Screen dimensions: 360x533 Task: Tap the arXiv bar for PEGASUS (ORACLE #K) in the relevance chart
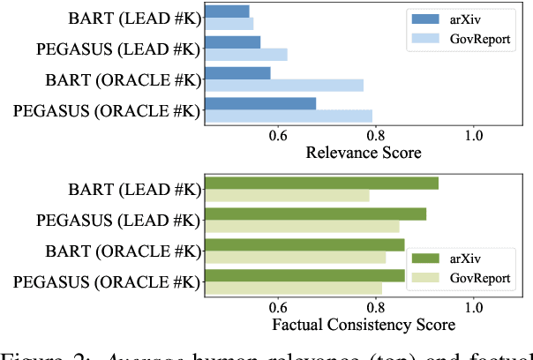click(259, 104)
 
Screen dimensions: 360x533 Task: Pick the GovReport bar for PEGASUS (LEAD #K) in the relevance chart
click(245, 55)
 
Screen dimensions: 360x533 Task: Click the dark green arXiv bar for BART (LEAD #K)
click(321, 183)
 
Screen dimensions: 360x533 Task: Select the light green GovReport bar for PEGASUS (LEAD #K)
click(301, 227)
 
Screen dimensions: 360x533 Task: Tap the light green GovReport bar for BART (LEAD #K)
click(287, 195)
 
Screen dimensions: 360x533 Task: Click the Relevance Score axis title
click(363, 153)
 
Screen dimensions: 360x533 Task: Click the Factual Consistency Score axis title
click(363, 325)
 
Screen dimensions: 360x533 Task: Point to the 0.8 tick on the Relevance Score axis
click(376, 135)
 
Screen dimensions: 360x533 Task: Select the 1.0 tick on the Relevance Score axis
click(474, 135)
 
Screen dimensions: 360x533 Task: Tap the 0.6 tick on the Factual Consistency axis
click(278, 307)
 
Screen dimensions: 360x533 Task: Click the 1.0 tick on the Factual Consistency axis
click(474, 307)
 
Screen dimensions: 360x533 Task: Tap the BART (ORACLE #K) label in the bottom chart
click(123, 251)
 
